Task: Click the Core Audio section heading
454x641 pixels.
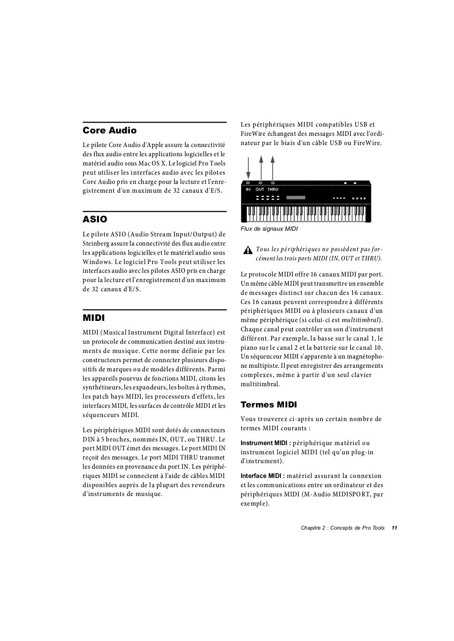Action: (x=109, y=131)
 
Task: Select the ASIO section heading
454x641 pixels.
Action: (x=95, y=220)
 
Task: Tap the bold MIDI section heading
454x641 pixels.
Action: (x=93, y=318)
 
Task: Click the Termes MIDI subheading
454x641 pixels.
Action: (x=269, y=405)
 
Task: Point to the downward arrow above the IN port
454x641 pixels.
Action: (x=248, y=168)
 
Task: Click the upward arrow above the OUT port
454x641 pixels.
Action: (x=261, y=168)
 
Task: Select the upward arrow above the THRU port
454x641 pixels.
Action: (x=273, y=168)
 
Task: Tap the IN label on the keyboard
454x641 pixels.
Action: (x=248, y=189)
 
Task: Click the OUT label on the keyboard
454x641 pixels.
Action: (x=260, y=189)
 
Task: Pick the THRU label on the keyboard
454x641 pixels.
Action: (x=273, y=189)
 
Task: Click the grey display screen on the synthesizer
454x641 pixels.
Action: (x=296, y=198)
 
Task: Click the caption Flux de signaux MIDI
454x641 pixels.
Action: (x=269, y=229)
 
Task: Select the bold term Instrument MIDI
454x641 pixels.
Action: (x=266, y=443)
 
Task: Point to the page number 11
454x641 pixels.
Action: (x=394, y=528)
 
